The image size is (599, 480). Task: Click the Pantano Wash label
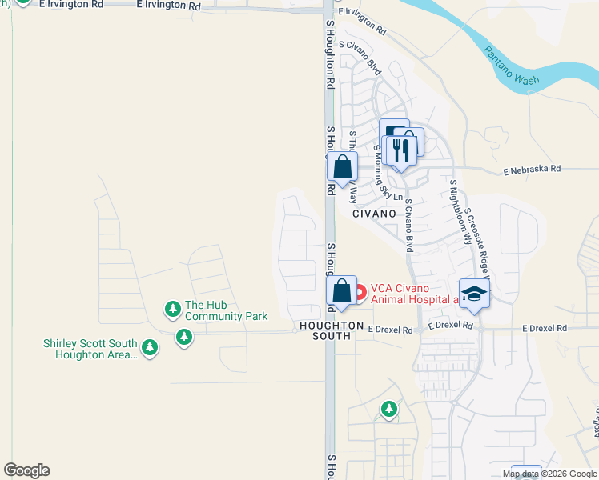[x=512, y=66]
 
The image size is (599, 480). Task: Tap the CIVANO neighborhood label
[x=374, y=214]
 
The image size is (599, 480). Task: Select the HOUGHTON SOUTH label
[x=325, y=330]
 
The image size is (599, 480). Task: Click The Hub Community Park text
[x=226, y=310]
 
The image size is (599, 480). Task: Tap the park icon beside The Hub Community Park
[x=172, y=308]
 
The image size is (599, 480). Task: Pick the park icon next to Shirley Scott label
[x=149, y=347]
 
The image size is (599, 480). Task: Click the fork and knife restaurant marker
[x=400, y=150]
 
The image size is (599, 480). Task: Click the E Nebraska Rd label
[x=533, y=170]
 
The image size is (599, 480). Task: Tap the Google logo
[x=26, y=470]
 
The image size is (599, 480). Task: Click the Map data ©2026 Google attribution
[x=549, y=474]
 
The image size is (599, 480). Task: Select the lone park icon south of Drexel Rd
[x=388, y=410]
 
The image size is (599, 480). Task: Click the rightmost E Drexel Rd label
[x=545, y=328]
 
